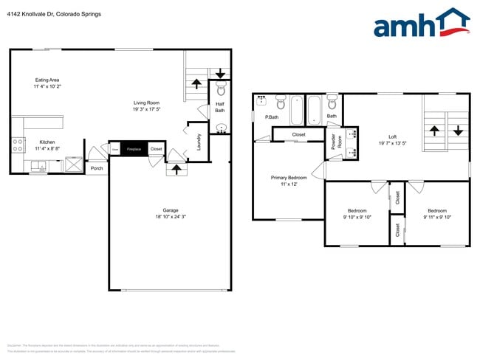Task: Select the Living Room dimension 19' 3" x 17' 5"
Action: [x=146, y=110]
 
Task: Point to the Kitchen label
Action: [x=47, y=142]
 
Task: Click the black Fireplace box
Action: [x=134, y=149]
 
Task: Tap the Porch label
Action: [x=97, y=168]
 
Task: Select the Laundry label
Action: [x=199, y=140]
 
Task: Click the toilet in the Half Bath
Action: [x=220, y=90]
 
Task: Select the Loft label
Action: [x=393, y=137]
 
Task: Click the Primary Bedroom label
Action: [x=289, y=178]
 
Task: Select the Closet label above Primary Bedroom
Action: [x=298, y=134]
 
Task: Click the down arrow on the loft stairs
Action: [x=458, y=131]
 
